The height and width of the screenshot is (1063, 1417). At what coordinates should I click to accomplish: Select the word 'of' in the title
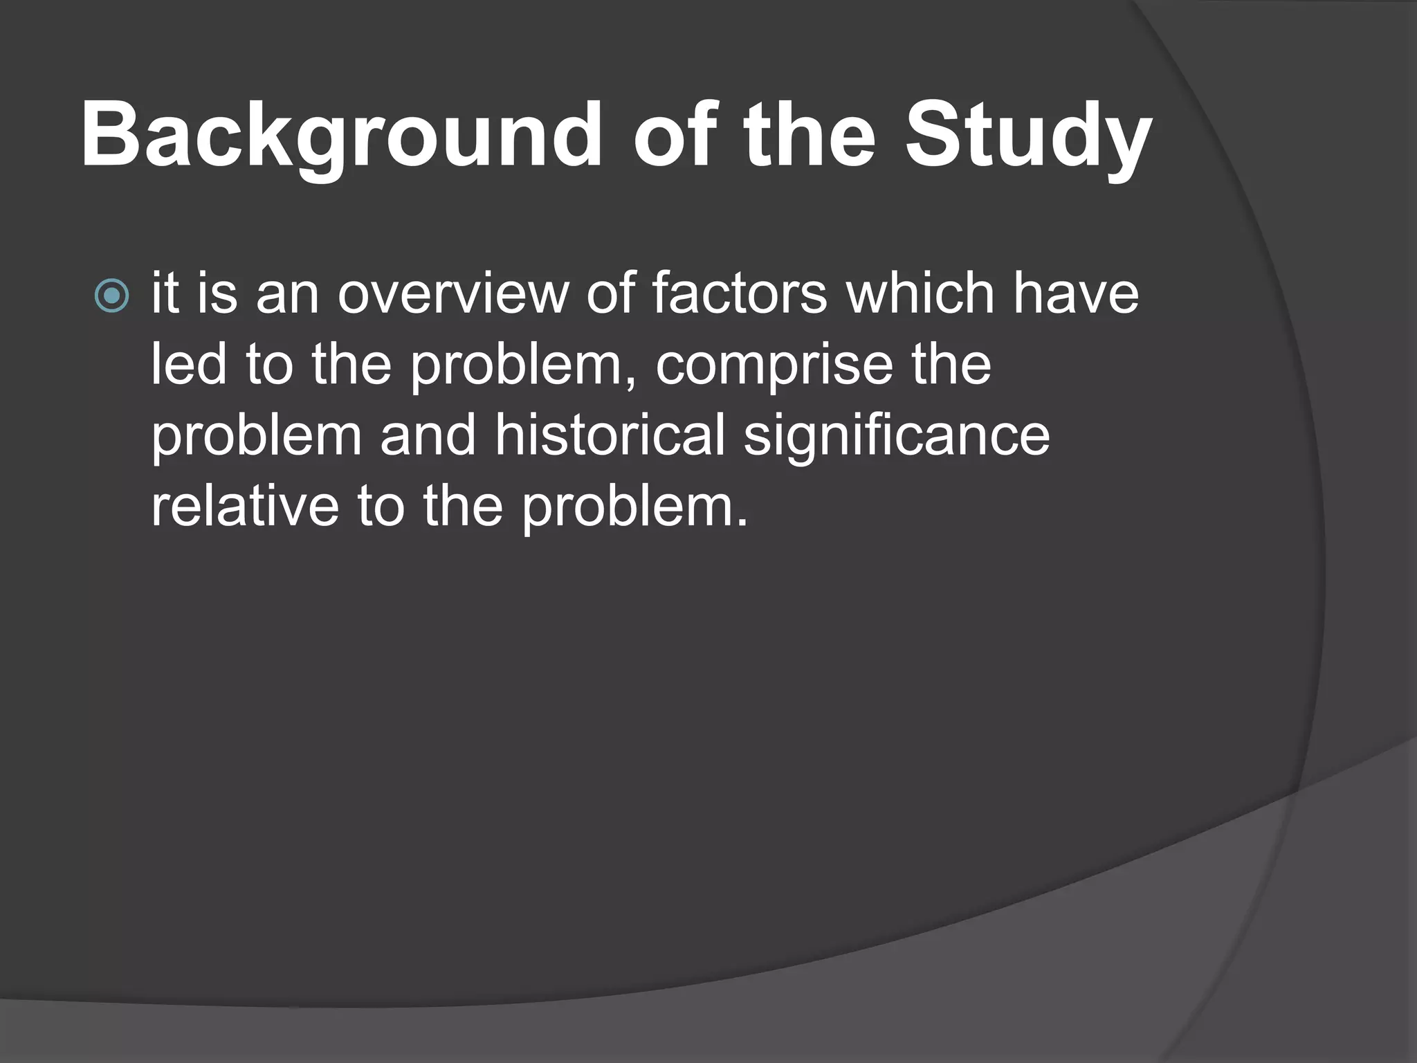(x=674, y=136)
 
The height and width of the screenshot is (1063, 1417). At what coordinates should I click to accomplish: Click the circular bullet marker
(x=111, y=296)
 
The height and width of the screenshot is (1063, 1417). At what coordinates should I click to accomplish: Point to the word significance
(x=897, y=437)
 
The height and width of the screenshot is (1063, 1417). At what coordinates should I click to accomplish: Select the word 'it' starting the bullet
(x=165, y=293)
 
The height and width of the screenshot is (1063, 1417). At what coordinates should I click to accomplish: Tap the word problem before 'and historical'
(x=257, y=437)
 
